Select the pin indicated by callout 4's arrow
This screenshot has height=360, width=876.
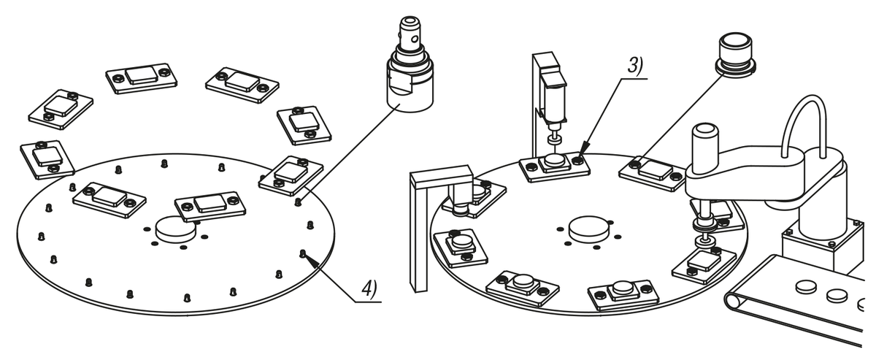[x=303, y=253]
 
